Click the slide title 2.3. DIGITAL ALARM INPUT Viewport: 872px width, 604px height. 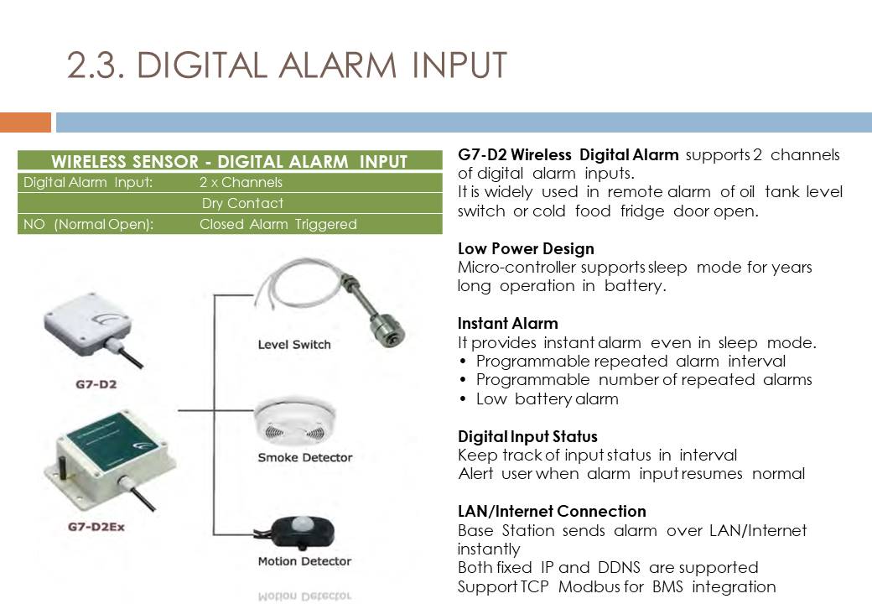pos(287,65)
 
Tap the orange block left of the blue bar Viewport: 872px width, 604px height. pos(26,122)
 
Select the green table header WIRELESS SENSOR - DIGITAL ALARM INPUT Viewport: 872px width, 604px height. pos(230,161)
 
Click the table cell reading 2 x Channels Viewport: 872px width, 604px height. pos(241,182)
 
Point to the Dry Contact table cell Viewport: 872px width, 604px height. pos(242,204)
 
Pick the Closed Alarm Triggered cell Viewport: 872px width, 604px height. pos(278,224)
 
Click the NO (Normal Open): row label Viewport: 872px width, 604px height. pos(88,224)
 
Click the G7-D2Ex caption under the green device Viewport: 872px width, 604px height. pos(96,527)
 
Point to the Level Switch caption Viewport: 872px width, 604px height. pos(294,345)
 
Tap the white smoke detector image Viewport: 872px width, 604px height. pos(295,422)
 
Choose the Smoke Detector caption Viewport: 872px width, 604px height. pos(304,458)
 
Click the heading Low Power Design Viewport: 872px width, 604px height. pos(526,248)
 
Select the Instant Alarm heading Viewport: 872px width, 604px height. pos(508,324)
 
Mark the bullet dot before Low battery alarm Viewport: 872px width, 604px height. pos(463,400)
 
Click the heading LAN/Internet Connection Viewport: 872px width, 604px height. pos(552,511)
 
